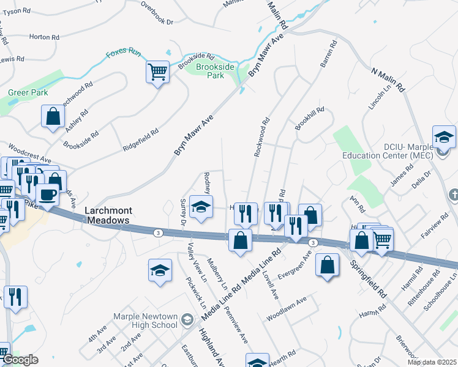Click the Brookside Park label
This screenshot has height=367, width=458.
(x=215, y=71)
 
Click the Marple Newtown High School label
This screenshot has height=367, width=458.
(x=145, y=321)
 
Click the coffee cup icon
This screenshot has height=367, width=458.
(x=47, y=195)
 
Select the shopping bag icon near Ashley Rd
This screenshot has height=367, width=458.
(x=53, y=116)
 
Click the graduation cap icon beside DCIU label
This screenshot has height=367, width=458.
(x=444, y=136)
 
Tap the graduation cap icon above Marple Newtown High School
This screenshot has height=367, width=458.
(x=160, y=269)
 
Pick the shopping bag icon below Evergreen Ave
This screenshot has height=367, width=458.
(x=328, y=264)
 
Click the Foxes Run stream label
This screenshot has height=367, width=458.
(x=123, y=53)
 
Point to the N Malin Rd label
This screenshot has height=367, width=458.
(x=388, y=80)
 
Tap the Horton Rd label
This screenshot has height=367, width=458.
(x=44, y=37)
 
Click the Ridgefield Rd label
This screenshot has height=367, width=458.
(x=140, y=139)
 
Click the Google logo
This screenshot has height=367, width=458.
(x=21, y=360)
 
